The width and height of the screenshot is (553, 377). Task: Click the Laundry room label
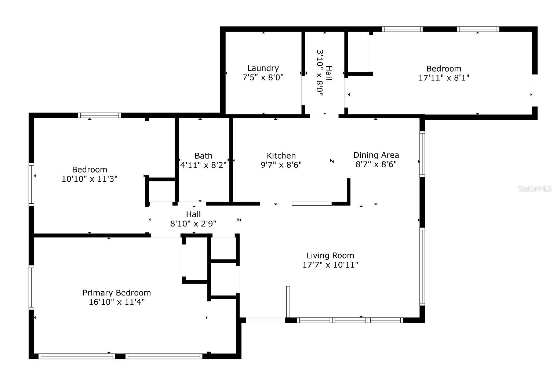[x=263, y=68]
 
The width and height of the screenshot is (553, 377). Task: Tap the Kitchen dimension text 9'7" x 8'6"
[x=281, y=165]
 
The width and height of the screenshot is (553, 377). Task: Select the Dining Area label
[x=376, y=155]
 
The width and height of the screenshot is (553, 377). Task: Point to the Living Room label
[x=330, y=255]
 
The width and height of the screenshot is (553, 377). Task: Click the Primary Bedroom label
[x=117, y=293]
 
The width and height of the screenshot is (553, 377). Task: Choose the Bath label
[x=203, y=156]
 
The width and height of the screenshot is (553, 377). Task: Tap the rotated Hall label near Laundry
[x=329, y=73]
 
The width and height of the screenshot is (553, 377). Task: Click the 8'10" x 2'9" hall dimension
[x=193, y=224]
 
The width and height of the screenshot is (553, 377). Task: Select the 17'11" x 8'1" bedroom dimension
[x=444, y=78]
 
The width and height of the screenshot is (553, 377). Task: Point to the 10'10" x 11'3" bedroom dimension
[x=90, y=179]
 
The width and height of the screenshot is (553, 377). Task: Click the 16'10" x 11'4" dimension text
[x=117, y=302]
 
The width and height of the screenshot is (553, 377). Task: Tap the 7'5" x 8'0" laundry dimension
[x=263, y=77]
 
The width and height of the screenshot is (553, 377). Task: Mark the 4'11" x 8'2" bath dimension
[x=203, y=165]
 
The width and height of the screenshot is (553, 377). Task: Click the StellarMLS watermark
[x=535, y=189]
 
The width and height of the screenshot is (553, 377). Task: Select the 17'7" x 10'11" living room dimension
[x=330, y=265]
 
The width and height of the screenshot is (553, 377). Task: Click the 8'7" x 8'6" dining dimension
[x=376, y=164]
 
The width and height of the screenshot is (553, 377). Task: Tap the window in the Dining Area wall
[x=422, y=154]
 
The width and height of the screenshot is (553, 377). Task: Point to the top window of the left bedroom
[x=99, y=115]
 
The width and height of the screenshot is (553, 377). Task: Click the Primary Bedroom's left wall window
[x=31, y=287]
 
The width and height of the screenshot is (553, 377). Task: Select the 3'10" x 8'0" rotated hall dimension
[x=320, y=73]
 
